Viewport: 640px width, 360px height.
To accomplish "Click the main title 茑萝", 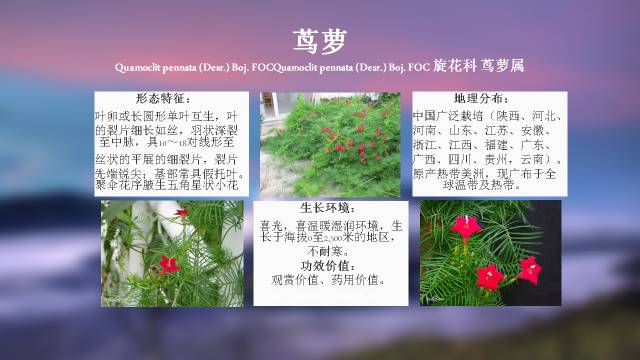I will tap(320, 40).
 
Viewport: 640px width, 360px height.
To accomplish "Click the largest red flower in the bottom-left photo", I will tap(170, 265).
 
